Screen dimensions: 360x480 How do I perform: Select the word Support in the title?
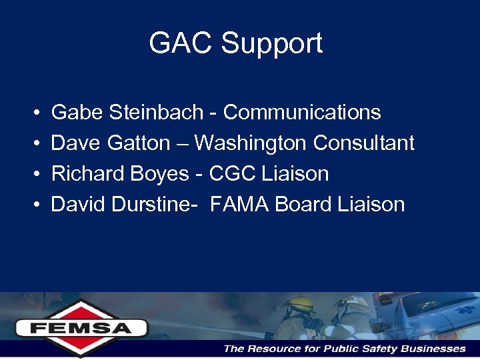[x=271, y=43]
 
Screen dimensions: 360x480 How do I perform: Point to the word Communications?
[x=302, y=113]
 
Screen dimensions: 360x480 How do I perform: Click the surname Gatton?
[x=140, y=143]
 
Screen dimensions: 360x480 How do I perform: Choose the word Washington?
[x=251, y=143]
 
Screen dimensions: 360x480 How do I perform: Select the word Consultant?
[x=364, y=143]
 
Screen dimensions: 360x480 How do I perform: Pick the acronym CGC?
[x=229, y=174]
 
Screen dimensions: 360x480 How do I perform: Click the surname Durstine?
[x=153, y=204]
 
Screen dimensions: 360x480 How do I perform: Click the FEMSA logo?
[x=81, y=327]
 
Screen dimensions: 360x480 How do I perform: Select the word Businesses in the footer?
[x=432, y=349]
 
